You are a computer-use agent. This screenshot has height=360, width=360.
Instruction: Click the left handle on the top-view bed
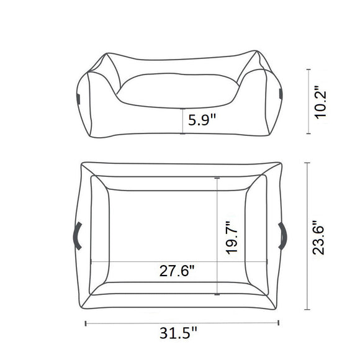point(77,236)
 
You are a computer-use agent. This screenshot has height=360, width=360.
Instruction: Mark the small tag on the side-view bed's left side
point(78,97)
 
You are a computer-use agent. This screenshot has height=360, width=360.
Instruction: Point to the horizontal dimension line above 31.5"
point(182,322)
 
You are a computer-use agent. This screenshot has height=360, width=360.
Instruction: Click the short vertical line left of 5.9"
point(182,121)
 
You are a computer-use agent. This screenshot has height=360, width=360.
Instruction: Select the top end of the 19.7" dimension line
point(217,178)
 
